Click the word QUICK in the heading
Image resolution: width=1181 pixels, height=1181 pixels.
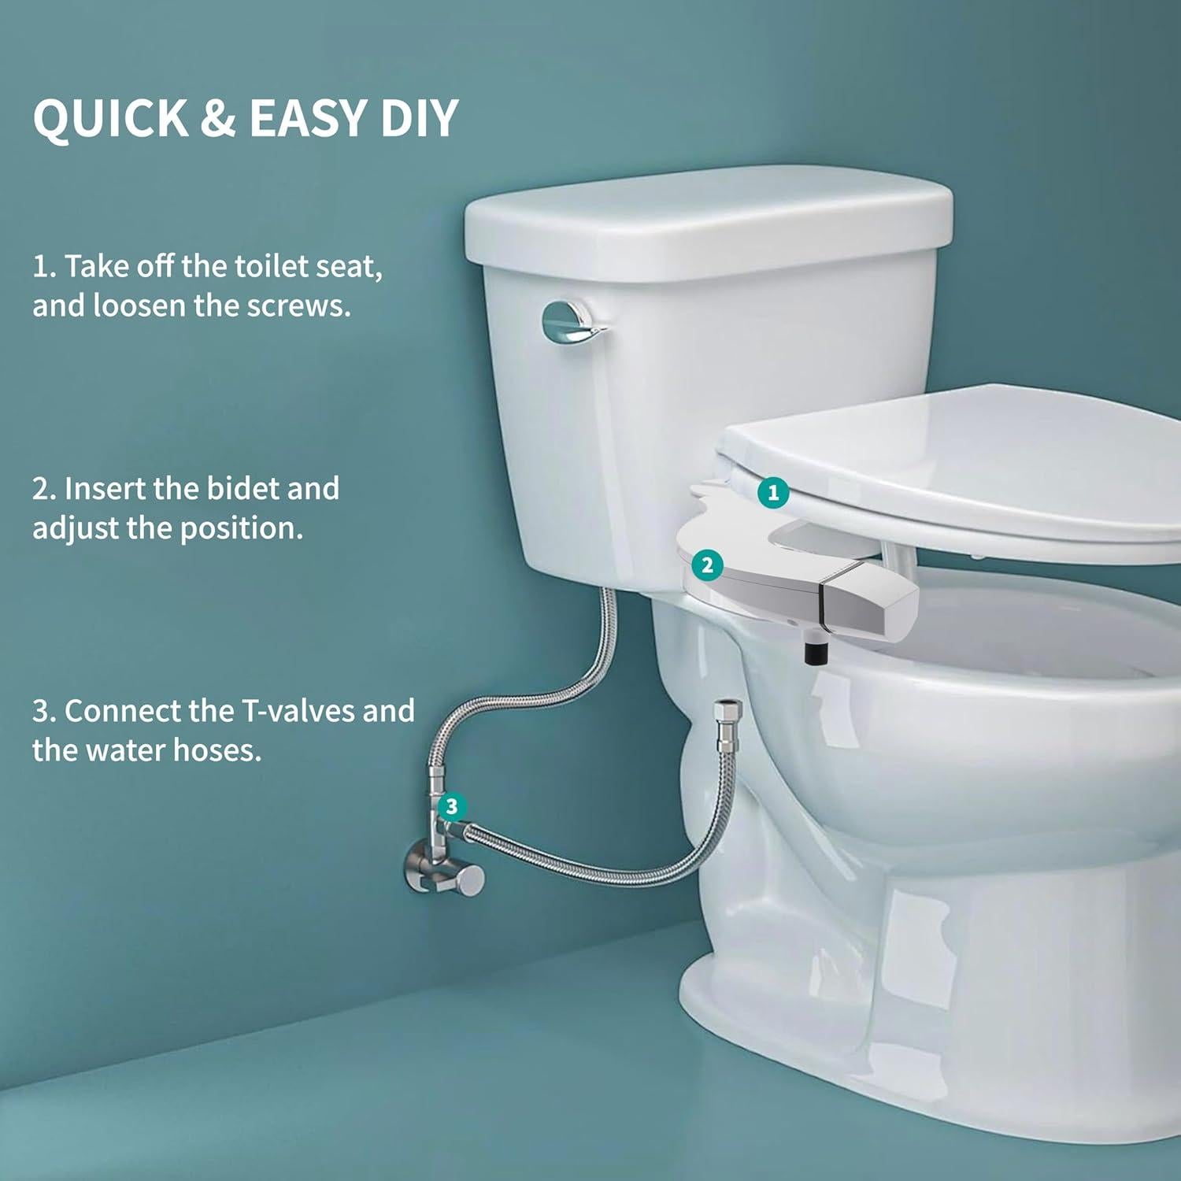[x=110, y=118]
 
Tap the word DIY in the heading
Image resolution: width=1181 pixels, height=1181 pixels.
[x=419, y=118]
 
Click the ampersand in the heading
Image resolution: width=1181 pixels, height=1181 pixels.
[x=218, y=118]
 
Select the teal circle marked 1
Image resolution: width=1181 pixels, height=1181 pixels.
[x=773, y=493]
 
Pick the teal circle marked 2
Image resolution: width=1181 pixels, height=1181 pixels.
[x=707, y=565]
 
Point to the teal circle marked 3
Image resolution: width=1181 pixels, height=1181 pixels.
[x=451, y=806]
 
